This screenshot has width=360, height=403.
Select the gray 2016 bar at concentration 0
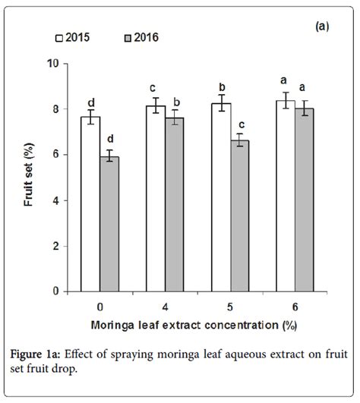tap(110, 224)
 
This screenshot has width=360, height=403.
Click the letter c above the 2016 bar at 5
tap(241, 124)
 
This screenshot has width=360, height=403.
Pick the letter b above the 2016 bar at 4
tap(175, 102)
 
